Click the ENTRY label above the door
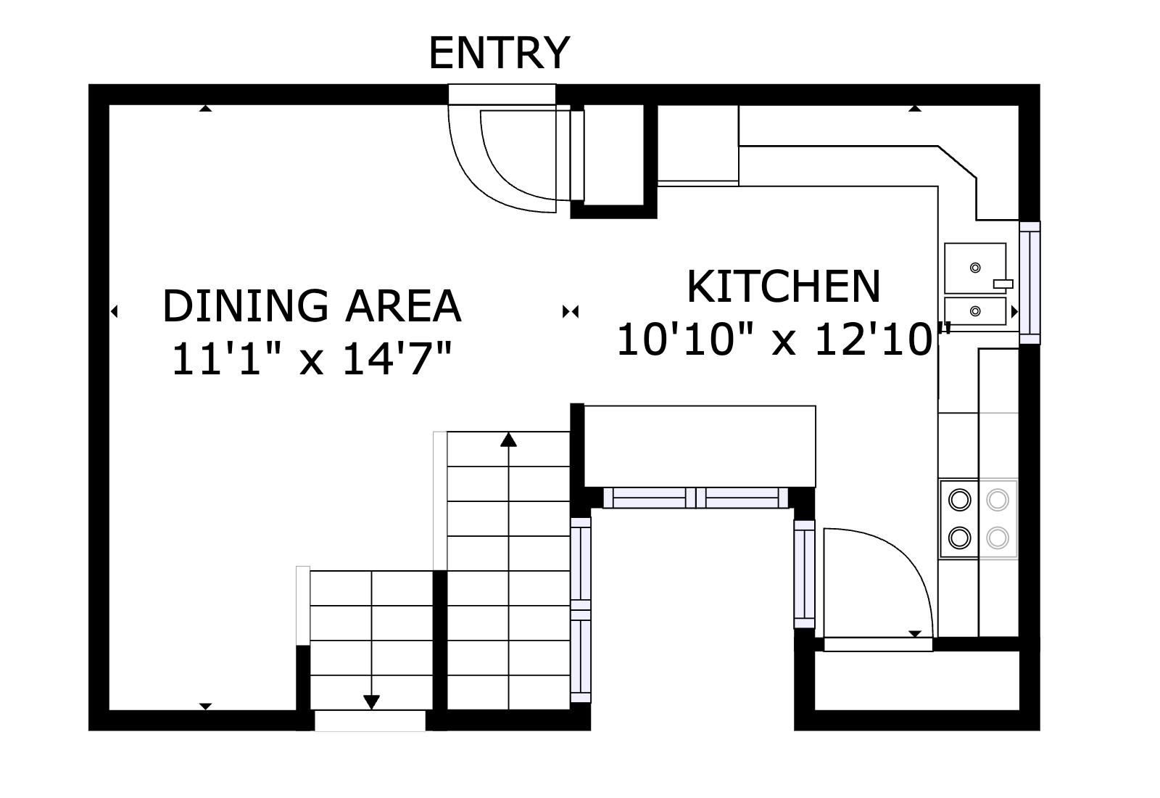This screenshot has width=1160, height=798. coord(499,53)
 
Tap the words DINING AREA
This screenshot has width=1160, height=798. coord(312,306)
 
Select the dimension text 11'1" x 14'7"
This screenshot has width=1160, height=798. coord(312,358)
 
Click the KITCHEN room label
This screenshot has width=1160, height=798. coord(783,287)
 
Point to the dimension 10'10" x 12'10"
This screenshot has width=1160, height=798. coord(783,339)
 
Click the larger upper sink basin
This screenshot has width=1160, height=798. coord(974,268)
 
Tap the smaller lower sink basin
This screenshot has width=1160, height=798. coord(974,311)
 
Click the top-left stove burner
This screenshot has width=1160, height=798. coord(960,500)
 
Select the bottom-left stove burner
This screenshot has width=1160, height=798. coord(960,538)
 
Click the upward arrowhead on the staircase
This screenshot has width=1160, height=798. coord(508,439)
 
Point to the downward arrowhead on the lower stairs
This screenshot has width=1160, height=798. coord(371,702)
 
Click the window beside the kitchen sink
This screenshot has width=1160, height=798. coord(1029,282)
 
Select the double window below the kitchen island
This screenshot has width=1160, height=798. coord(695,498)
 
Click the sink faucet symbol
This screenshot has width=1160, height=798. coord(1003,283)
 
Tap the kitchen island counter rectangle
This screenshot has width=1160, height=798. coord(700,446)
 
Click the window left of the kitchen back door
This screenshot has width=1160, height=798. coord(804,573)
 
